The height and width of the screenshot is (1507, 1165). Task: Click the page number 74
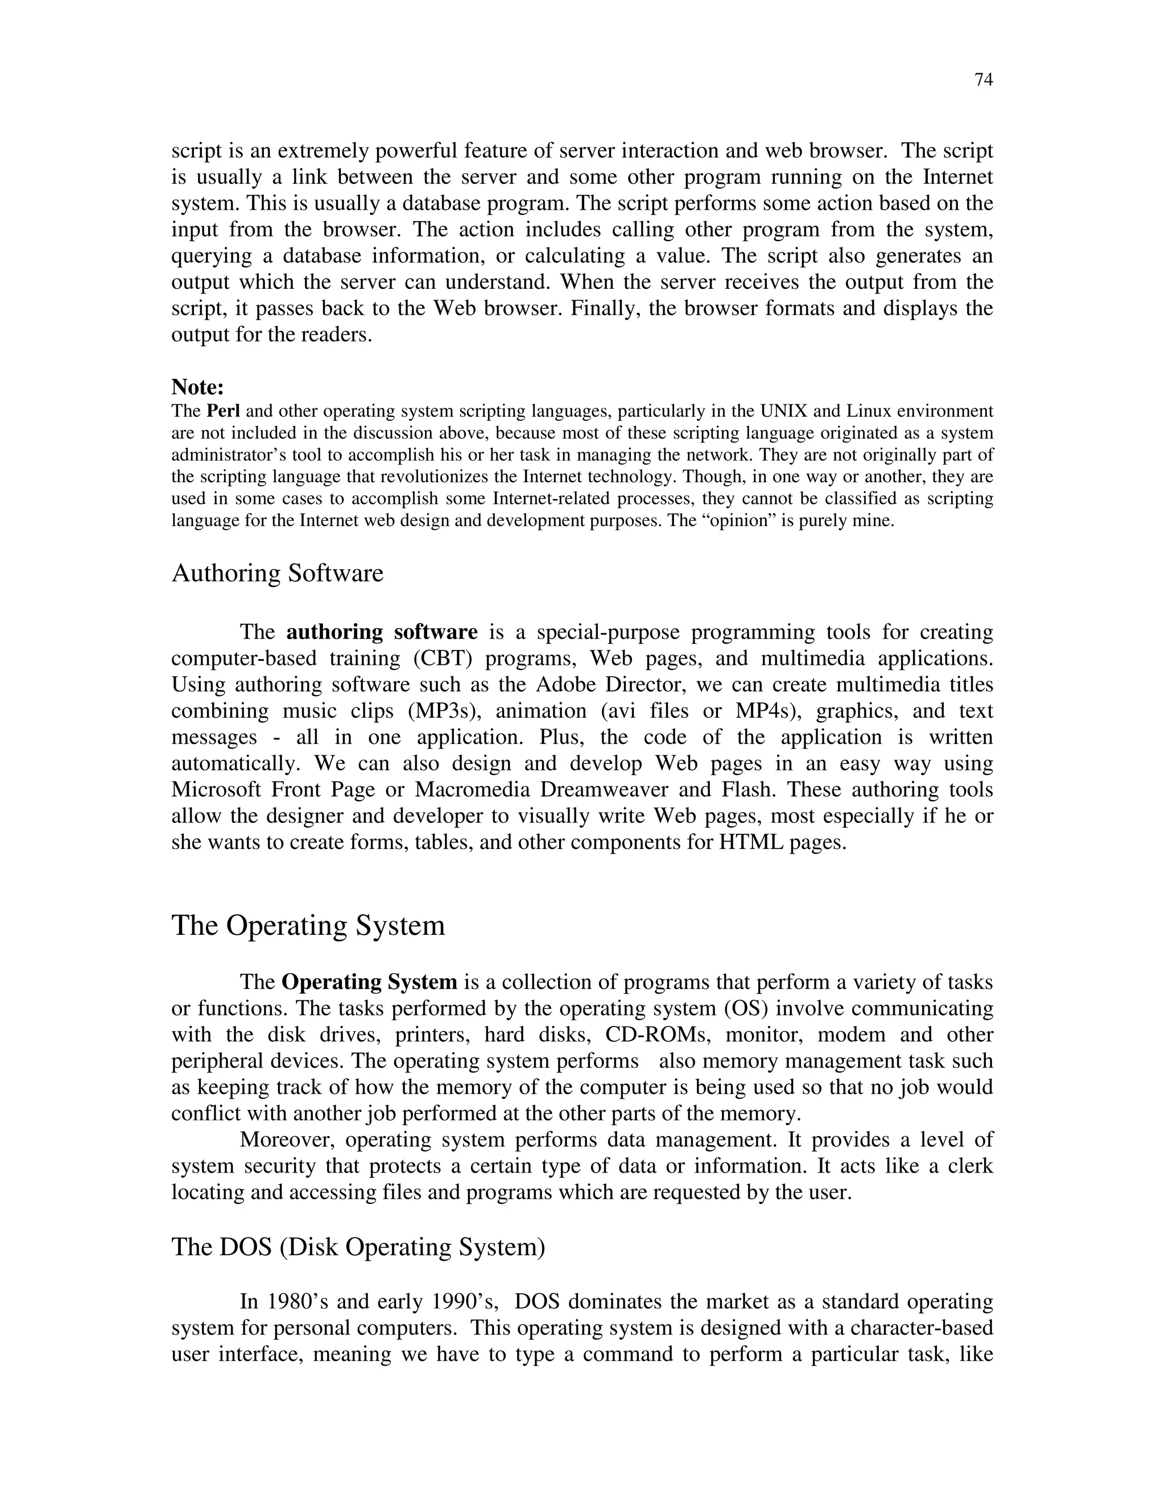[984, 80]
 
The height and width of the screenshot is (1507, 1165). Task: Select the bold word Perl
[223, 412]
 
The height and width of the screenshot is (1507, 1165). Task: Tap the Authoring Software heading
[277, 573]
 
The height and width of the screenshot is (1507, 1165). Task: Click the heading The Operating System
[308, 925]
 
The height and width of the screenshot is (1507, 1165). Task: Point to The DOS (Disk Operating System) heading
[358, 1247]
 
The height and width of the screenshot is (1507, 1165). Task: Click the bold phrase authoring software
[382, 632]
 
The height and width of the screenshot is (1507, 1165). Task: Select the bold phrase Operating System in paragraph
[369, 982]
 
